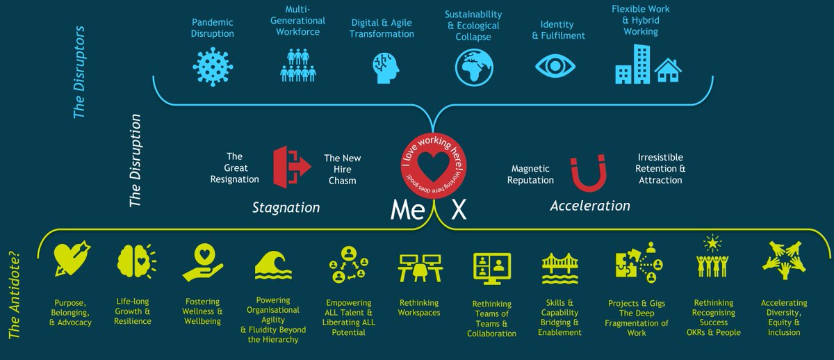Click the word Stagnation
coord(286,207)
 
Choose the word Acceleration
coord(590,206)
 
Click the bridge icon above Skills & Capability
coord(560,267)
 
